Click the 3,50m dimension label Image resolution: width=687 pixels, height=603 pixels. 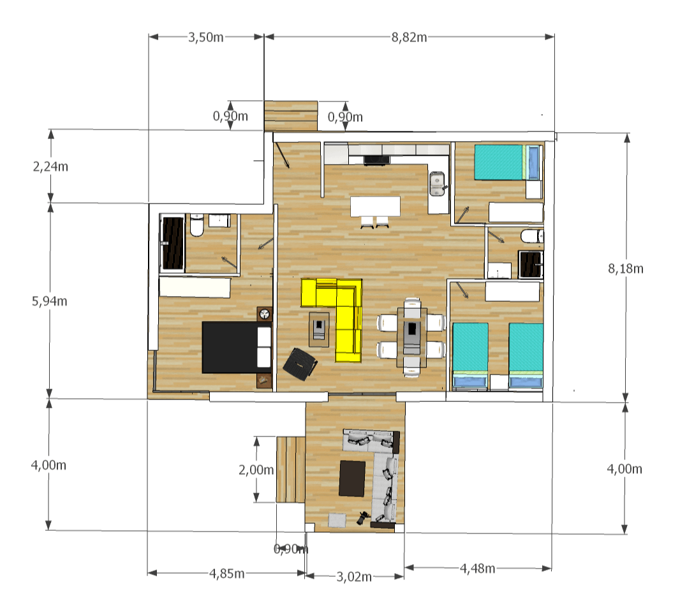(x=206, y=37)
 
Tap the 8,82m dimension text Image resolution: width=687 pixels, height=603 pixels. (x=410, y=37)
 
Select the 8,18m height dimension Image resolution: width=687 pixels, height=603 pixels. (x=626, y=268)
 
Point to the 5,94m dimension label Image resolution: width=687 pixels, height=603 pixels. (x=50, y=301)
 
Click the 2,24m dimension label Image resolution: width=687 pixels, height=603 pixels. (x=50, y=167)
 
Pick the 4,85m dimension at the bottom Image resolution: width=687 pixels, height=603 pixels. (x=227, y=573)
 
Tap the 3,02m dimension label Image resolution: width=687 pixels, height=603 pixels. (x=354, y=577)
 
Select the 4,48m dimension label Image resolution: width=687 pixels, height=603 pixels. (x=478, y=569)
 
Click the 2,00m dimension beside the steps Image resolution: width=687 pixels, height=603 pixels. (x=256, y=470)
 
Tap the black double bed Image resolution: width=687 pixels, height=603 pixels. (x=237, y=347)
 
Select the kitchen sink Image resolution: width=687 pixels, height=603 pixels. (x=437, y=184)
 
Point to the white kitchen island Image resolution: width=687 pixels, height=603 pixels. (x=375, y=206)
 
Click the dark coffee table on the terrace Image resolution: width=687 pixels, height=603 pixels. (x=352, y=479)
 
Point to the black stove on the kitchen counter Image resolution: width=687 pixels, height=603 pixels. (x=376, y=160)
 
